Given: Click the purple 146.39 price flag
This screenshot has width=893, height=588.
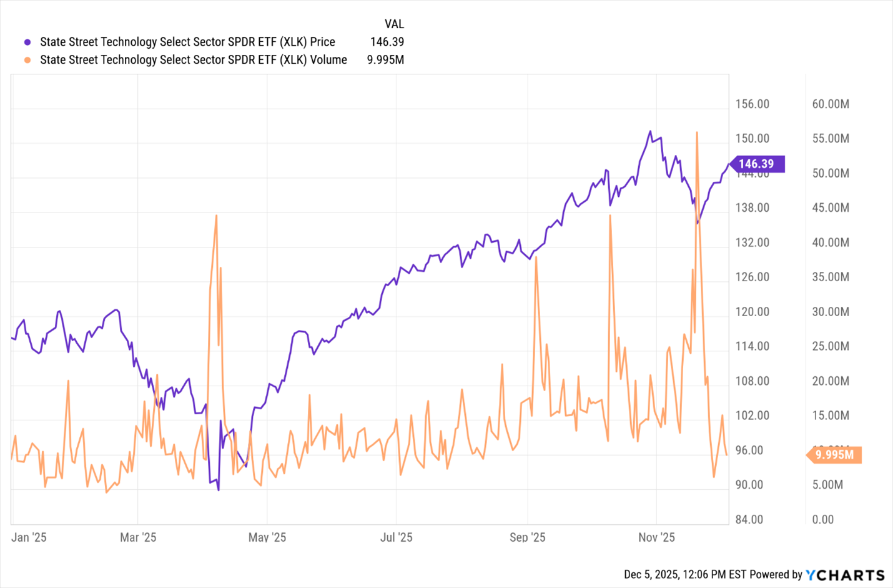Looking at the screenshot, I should [756, 164].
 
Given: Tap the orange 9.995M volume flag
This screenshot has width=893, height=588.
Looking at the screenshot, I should [834, 454].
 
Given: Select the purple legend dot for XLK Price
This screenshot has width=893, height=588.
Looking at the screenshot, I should [27, 42].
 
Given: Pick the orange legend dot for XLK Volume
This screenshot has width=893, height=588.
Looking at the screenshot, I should [27, 60].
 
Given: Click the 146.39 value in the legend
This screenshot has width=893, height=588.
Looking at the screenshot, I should [387, 42].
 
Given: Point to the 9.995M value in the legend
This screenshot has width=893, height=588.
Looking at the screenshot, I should [385, 60].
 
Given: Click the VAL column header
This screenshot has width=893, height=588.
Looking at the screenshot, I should [394, 24].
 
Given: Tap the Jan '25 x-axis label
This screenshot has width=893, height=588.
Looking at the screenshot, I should [29, 537].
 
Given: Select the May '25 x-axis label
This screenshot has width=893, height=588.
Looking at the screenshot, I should [267, 537].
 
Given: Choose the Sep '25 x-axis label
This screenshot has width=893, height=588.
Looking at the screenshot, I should [527, 537].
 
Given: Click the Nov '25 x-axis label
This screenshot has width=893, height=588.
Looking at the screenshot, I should [656, 537].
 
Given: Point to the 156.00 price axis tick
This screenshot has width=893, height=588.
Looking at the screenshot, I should [752, 104].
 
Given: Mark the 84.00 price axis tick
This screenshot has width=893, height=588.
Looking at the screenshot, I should [749, 519].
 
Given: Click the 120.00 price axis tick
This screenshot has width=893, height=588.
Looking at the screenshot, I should [752, 312].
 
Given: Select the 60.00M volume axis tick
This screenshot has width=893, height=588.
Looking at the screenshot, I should [830, 104].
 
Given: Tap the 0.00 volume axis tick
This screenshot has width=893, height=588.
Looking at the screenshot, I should [822, 519].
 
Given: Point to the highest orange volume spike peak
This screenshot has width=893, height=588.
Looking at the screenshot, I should [697, 132].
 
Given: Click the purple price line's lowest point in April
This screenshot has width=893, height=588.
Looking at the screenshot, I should [218, 490].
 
